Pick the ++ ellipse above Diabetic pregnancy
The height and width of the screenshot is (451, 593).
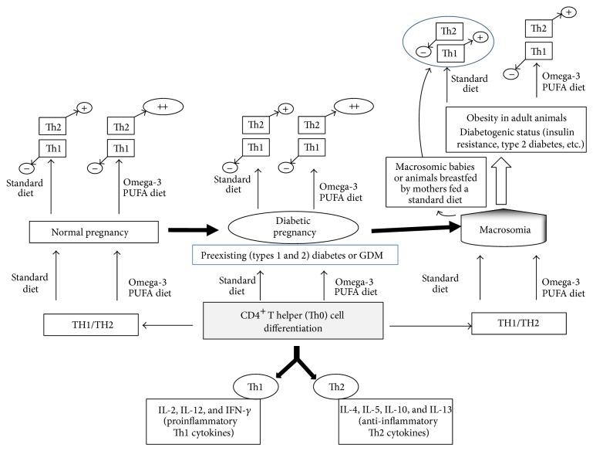[355, 107]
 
